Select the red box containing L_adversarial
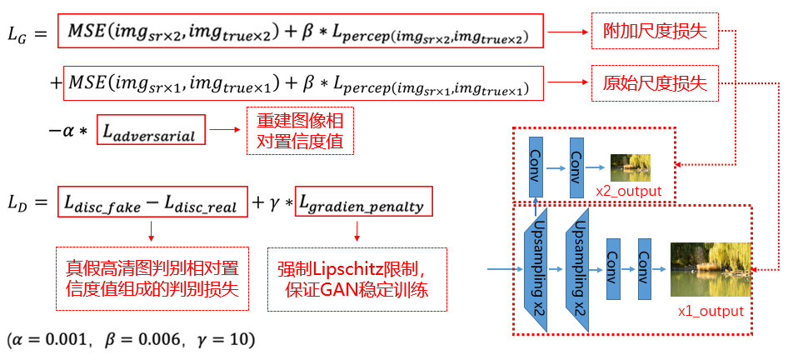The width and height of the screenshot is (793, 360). (x=150, y=132)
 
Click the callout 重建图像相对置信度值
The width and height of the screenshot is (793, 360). (x=301, y=130)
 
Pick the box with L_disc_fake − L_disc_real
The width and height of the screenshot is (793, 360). (x=152, y=202)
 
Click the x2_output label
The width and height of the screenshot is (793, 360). (x=629, y=192)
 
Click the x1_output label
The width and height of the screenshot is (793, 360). (x=711, y=311)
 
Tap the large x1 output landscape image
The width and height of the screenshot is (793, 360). (x=710, y=269)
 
